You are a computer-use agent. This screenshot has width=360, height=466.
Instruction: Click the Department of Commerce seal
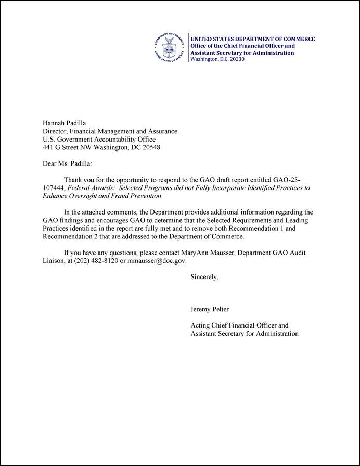tap(170, 48)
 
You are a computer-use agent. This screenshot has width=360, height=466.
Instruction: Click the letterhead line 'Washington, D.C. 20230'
tap(217, 59)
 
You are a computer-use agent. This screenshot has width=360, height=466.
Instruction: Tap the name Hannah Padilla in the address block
tap(65, 123)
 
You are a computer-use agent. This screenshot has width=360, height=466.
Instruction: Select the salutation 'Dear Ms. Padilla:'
tap(67, 163)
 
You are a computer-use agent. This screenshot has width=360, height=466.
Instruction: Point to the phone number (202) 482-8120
tap(92, 260)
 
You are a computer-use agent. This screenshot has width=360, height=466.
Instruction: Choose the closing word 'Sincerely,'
tap(204, 277)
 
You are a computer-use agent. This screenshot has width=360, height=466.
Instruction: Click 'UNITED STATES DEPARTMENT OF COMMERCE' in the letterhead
tap(252, 39)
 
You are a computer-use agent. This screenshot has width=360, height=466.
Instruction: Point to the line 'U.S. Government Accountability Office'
tap(99, 139)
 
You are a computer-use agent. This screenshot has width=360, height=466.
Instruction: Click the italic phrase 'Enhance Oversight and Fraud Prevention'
tap(101, 196)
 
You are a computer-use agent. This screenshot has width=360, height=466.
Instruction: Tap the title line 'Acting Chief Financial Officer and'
tap(240, 325)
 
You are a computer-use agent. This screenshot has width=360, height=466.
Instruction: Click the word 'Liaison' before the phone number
tap(55, 260)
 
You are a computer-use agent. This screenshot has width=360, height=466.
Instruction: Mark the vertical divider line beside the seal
tap(188, 48)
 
